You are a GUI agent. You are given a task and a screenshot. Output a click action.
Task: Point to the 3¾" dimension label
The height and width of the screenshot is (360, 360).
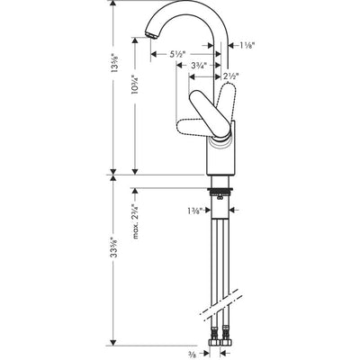click(x=200, y=66)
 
